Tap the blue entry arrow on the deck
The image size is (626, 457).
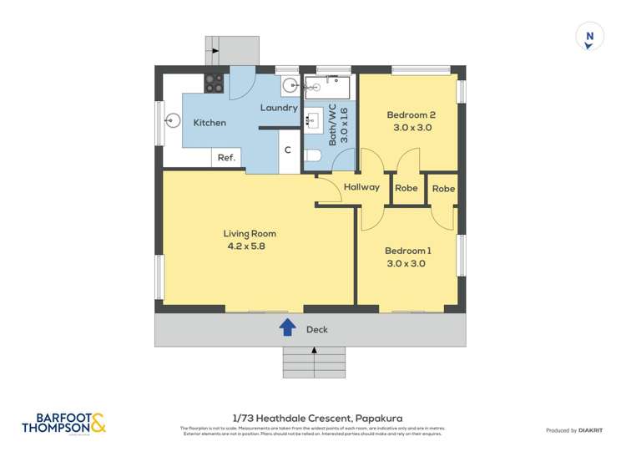pyautogui.click(x=287, y=328)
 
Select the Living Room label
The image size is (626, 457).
pyautogui.click(x=250, y=234)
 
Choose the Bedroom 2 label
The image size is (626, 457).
pyautogui.click(x=411, y=115)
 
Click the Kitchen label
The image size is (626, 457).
pyautogui.click(x=210, y=123)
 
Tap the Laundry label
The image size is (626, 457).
pyautogui.click(x=279, y=108)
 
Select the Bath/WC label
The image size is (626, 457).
pyautogui.click(x=332, y=126)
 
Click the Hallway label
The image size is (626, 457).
pyautogui.click(x=361, y=188)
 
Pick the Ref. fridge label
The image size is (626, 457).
pyautogui.click(x=226, y=158)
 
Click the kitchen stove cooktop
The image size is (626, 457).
pyautogui.click(x=215, y=82)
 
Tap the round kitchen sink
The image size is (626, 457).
pyautogui.click(x=174, y=119)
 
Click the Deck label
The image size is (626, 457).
pyautogui.click(x=317, y=329)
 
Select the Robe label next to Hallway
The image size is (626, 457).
pyautogui.click(x=406, y=189)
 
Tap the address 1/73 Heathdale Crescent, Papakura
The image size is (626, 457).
pyautogui.click(x=312, y=417)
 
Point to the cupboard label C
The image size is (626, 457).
pyautogui.click(x=287, y=150)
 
